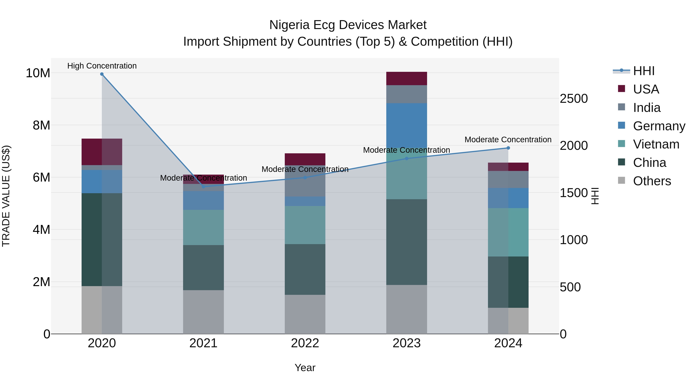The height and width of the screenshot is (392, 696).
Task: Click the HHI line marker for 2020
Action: [x=102, y=74]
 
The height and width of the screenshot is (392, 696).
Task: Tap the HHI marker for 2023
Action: [x=407, y=159]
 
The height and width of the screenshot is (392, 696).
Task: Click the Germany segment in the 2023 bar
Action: [x=407, y=124]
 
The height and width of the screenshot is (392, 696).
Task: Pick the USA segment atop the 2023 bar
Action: [x=407, y=78]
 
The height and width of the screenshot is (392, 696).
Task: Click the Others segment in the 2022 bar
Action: [x=305, y=314]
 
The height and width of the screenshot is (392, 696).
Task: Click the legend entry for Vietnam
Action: [x=656, y=144]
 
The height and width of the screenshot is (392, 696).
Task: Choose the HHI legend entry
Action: [x=643, y=71]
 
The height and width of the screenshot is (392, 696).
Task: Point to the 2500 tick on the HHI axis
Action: [x=573, y=99]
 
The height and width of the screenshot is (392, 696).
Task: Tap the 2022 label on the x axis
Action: [x=305, y=343]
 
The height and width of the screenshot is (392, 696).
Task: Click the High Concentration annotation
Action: [x=102, y=66]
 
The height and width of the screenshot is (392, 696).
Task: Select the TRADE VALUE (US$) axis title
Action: [x=6, y=196]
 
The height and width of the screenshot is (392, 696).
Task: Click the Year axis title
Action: [x=305, y=368]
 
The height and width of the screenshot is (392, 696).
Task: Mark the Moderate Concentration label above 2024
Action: [x=508, y=140]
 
